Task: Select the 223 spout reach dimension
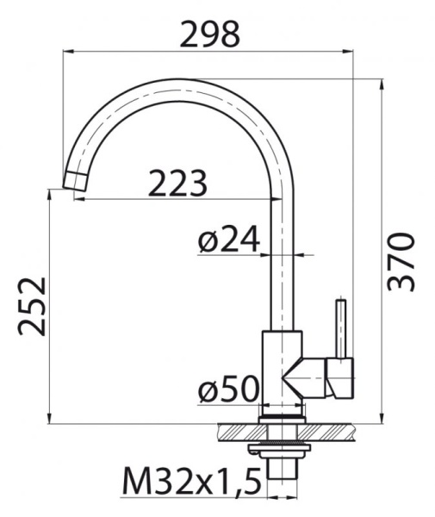tap(177, 183)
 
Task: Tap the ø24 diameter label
tap(227, 240)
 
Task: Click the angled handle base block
tap(339, 379)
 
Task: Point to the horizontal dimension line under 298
tap(209, 53)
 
